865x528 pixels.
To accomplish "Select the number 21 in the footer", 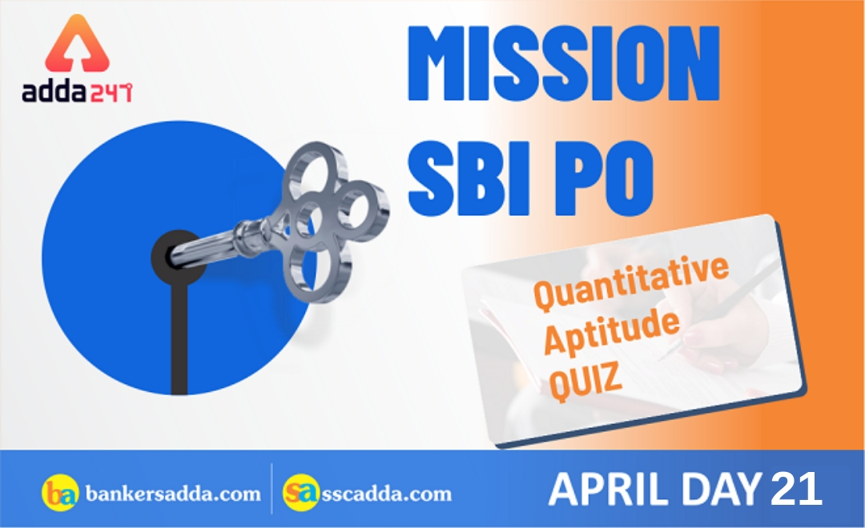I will coord(796,489).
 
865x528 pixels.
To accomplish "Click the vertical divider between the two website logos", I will coord(271,489).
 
